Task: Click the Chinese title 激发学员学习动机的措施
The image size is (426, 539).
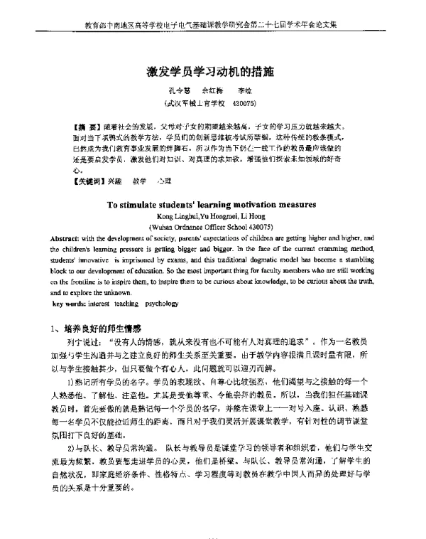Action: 213,72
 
